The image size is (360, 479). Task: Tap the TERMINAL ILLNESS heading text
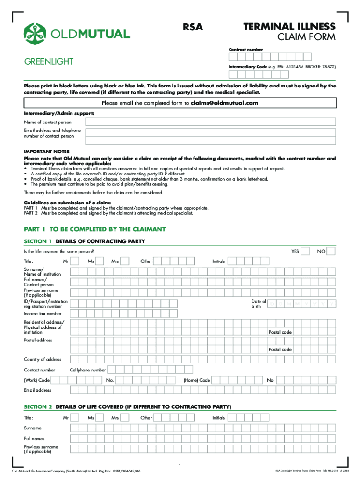289,26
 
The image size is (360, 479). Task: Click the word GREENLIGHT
46,62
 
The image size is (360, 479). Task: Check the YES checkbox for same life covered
305,251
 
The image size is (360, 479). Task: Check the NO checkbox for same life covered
331,251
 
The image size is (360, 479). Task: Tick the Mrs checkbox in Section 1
124,261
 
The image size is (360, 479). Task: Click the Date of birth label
259,304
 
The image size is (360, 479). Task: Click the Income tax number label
43,314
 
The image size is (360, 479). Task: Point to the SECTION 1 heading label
38,241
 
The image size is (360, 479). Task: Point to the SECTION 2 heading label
38,407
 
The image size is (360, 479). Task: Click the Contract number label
245,49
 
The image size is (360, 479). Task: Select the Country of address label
43,359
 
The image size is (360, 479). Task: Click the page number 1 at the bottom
180,466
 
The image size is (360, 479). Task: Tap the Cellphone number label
88,370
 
